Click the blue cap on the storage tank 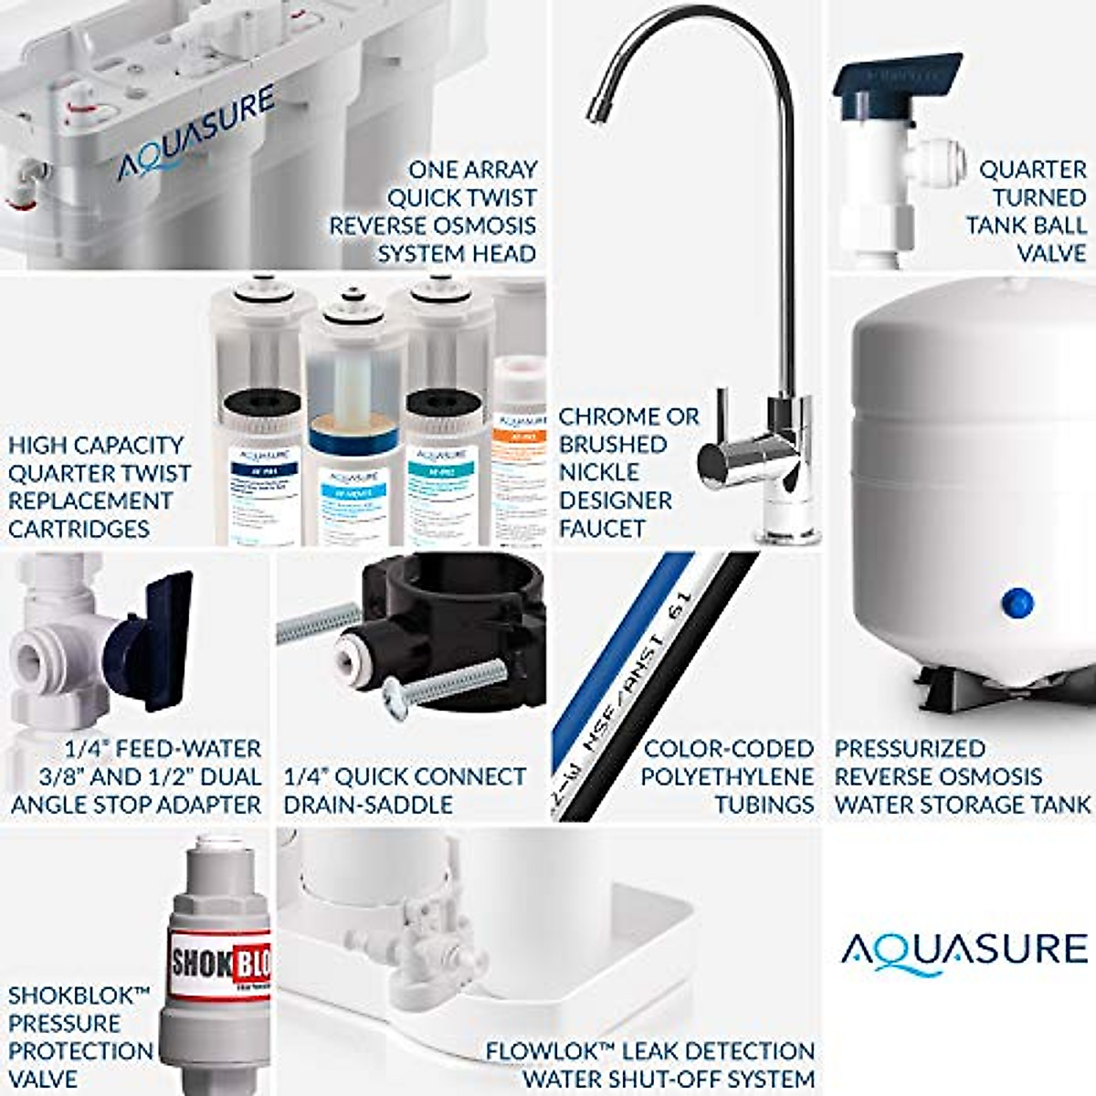pyautogui.click(x=1016, y=602)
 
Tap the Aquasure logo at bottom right pyautogui.click(x=964, y=949)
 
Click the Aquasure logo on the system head pyautogui.click(x=195, y=133)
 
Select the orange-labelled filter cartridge pyautogui.click(x=519, y=457)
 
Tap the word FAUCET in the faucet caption pyautogui.click(x=602, y=529)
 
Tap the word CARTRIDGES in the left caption pyautogui.click(x=79, y=529)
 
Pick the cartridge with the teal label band pyautogui.click(x=442, y=466)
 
